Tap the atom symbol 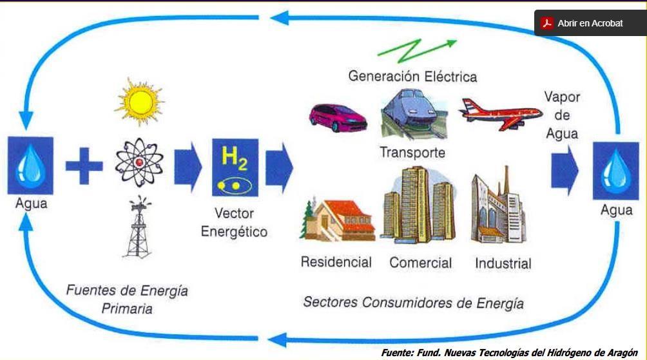tap(139, 161)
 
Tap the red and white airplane tap(500, 112)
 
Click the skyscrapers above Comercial tap(420, 206)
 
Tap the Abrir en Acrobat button tap(590, 23)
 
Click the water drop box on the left tap(30, 166)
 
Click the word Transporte tap(412, 153)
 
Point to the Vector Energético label tap(234, 222)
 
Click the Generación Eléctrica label tap(412, 77)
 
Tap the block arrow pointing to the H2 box tap(188, 166)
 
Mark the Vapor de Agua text tap(562, 115)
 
